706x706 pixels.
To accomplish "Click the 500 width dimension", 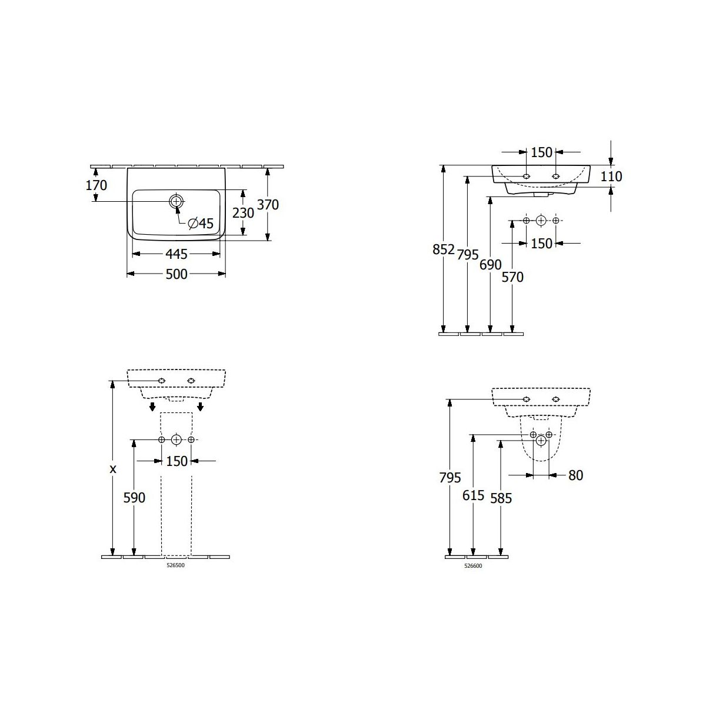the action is (176, 274).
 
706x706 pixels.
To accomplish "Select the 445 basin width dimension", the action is (176, 254).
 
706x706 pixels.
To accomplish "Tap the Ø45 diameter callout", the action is (201, 223).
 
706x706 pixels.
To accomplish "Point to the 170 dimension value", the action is (96, 185).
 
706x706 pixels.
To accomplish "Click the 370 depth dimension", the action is (268, 204).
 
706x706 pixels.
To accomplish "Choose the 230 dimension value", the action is (243, 213).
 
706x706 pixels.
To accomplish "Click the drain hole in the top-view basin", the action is (176, 201).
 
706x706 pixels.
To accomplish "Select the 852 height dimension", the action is (444, 249).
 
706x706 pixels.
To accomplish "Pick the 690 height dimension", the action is (490, 265).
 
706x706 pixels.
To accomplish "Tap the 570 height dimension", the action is (512, 277).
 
